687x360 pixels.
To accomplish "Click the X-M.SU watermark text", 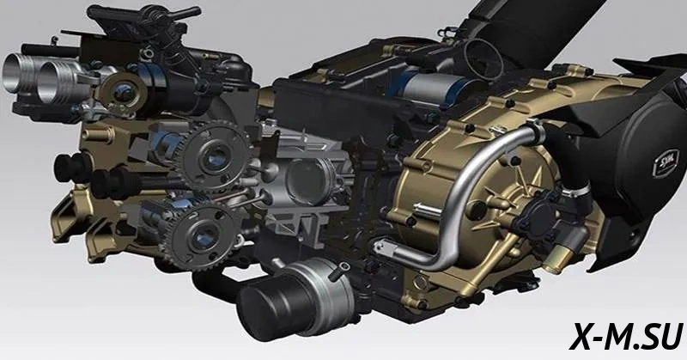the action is [x=626, y=335].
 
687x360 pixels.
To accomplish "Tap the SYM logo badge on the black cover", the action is [x=666, y=162].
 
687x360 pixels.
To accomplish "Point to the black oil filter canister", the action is [x=266, y=307].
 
